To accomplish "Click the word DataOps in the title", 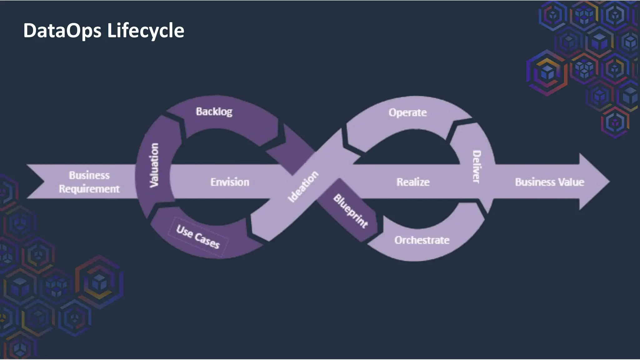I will click(x=62, y=31).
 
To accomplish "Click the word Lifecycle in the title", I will click(x=146, y=31).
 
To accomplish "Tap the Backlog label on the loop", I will click(x=214, y=112).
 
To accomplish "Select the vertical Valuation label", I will click(x=154, y=165).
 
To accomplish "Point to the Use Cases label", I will click(x=198, y=237).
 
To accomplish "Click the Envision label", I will click(x=230, y=182).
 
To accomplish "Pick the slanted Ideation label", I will click(x=303, y=187).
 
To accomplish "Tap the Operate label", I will click(x=407, y=112).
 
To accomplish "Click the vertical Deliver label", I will click(x=476, y=167).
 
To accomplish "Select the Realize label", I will click(x=413, y=182).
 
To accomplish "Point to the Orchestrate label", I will click(x=422, y=240).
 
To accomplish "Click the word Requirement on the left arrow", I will click(x=89, y=189).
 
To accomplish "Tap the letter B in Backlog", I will click(x=199, y=112).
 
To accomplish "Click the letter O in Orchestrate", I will click(x=398, y=240).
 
